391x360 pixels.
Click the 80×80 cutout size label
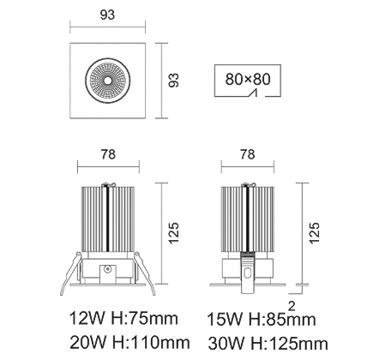[248, 79]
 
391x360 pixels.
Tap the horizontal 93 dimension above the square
[107, 15]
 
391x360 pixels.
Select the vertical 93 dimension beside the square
[173, 81]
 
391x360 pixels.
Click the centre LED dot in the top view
[107, 81]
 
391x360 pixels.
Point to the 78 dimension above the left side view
[108, 154]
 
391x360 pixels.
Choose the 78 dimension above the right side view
[247, 154]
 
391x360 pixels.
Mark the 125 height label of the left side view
[173, 233]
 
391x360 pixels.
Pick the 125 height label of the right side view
[314, 233]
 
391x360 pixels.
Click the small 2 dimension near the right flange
[292, 306]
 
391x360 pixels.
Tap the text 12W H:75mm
[123, 318]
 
